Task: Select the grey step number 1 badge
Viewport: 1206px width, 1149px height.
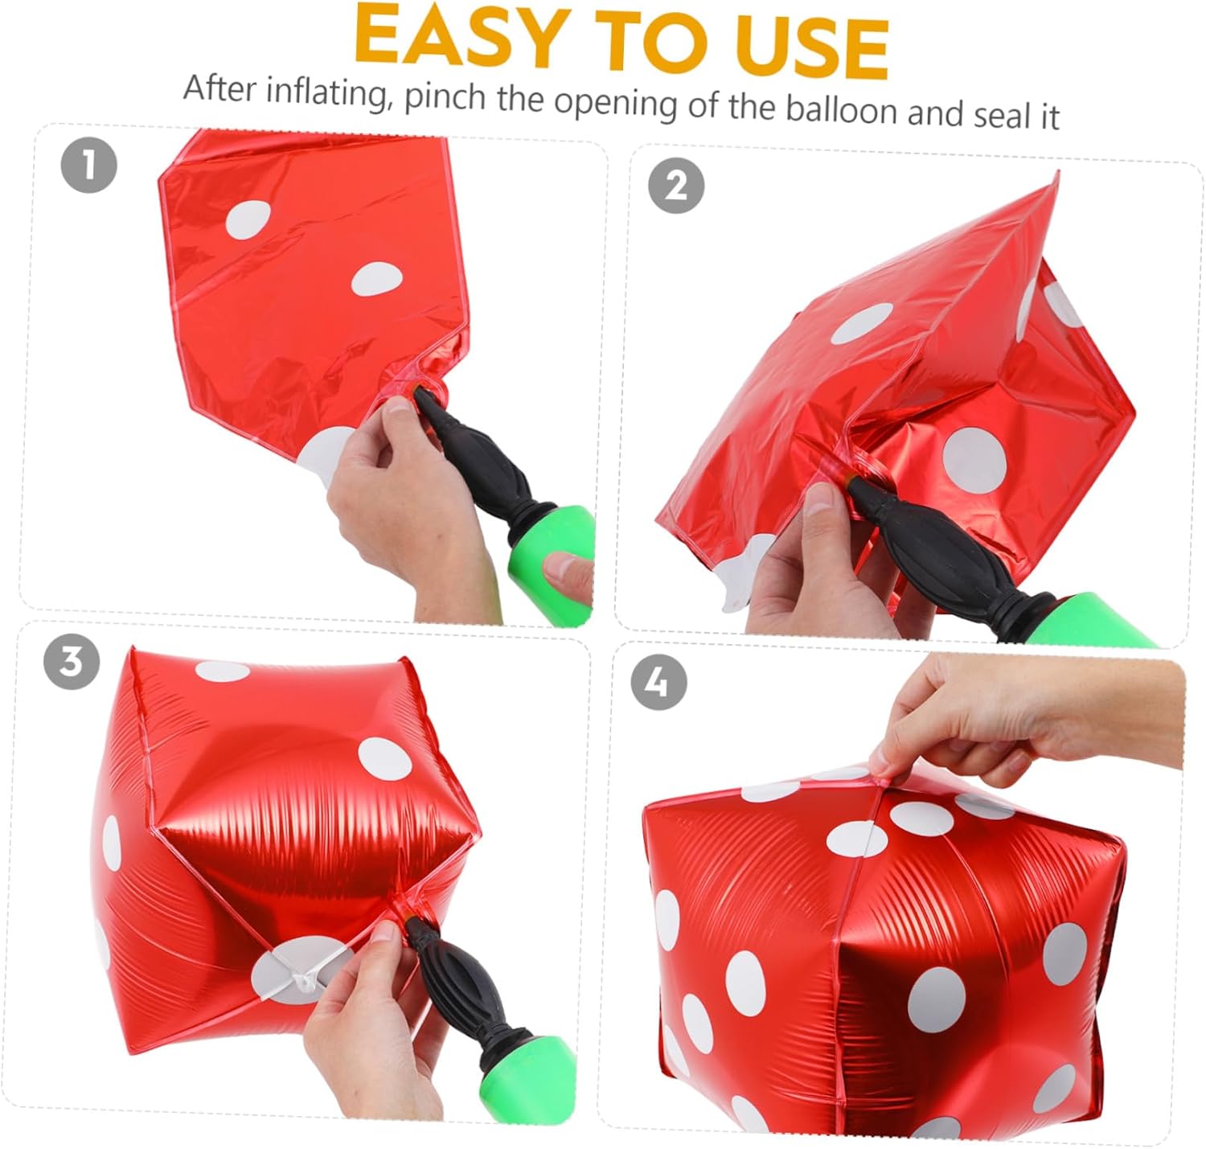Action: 89,165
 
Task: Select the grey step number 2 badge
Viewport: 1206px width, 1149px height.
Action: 676,185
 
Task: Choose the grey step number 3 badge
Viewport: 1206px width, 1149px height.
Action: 72,661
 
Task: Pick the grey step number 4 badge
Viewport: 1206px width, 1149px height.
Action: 658,682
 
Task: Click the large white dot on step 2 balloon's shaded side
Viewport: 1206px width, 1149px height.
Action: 974,460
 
